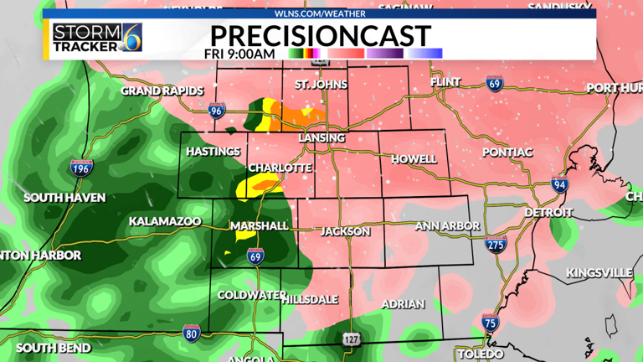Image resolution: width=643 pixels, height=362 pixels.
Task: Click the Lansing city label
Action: tap(321, 137)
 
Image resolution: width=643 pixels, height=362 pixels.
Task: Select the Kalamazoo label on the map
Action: tap(165, 221)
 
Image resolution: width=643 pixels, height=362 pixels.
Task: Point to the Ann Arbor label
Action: tap(447, 226)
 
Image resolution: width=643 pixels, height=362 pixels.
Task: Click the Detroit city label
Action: tap(548, 212)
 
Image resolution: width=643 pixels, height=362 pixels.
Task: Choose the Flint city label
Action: tap(445, 82)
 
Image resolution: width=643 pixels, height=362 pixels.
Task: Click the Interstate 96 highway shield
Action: tap(217, 109)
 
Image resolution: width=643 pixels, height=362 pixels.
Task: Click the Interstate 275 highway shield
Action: tap(496, 244)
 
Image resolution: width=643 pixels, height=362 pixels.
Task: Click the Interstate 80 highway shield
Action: tap(191, 333)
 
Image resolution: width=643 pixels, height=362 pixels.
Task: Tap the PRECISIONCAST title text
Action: tap(321, 35)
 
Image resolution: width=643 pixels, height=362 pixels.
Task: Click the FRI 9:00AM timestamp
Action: tap(239, 54)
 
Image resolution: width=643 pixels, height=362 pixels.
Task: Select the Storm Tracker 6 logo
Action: tap(96, 37)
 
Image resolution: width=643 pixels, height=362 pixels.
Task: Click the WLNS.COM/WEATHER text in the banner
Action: tap(320, 13)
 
